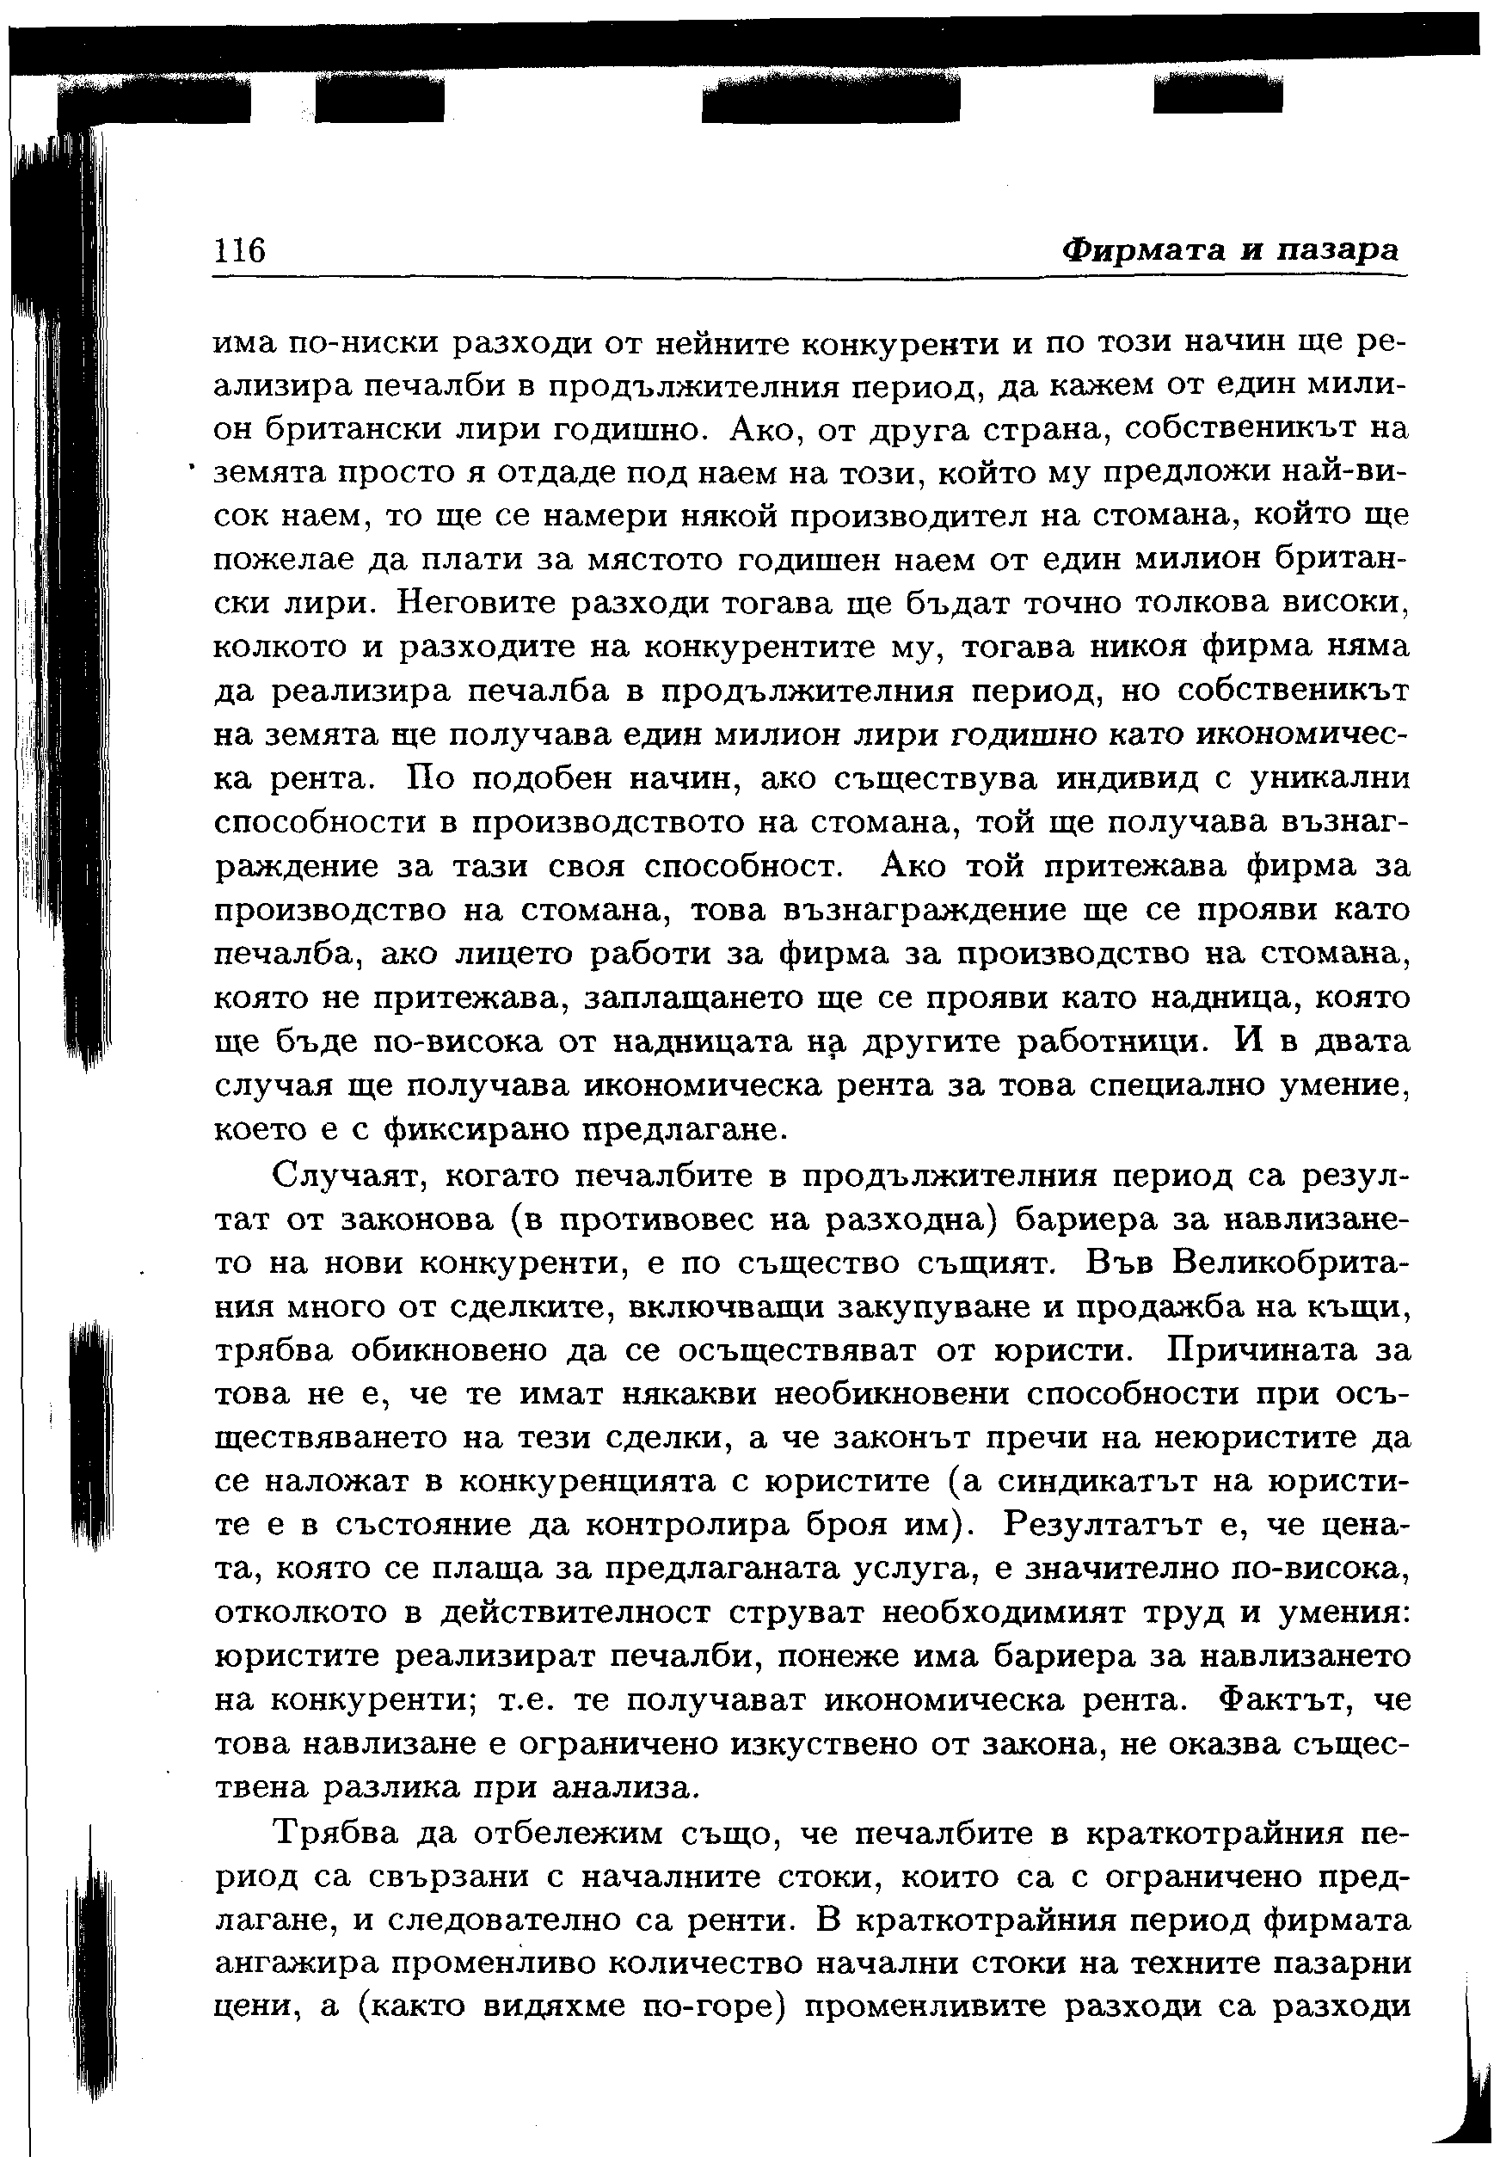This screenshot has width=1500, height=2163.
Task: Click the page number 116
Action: point(242,251)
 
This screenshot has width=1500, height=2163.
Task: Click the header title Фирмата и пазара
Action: point(1230,250)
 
